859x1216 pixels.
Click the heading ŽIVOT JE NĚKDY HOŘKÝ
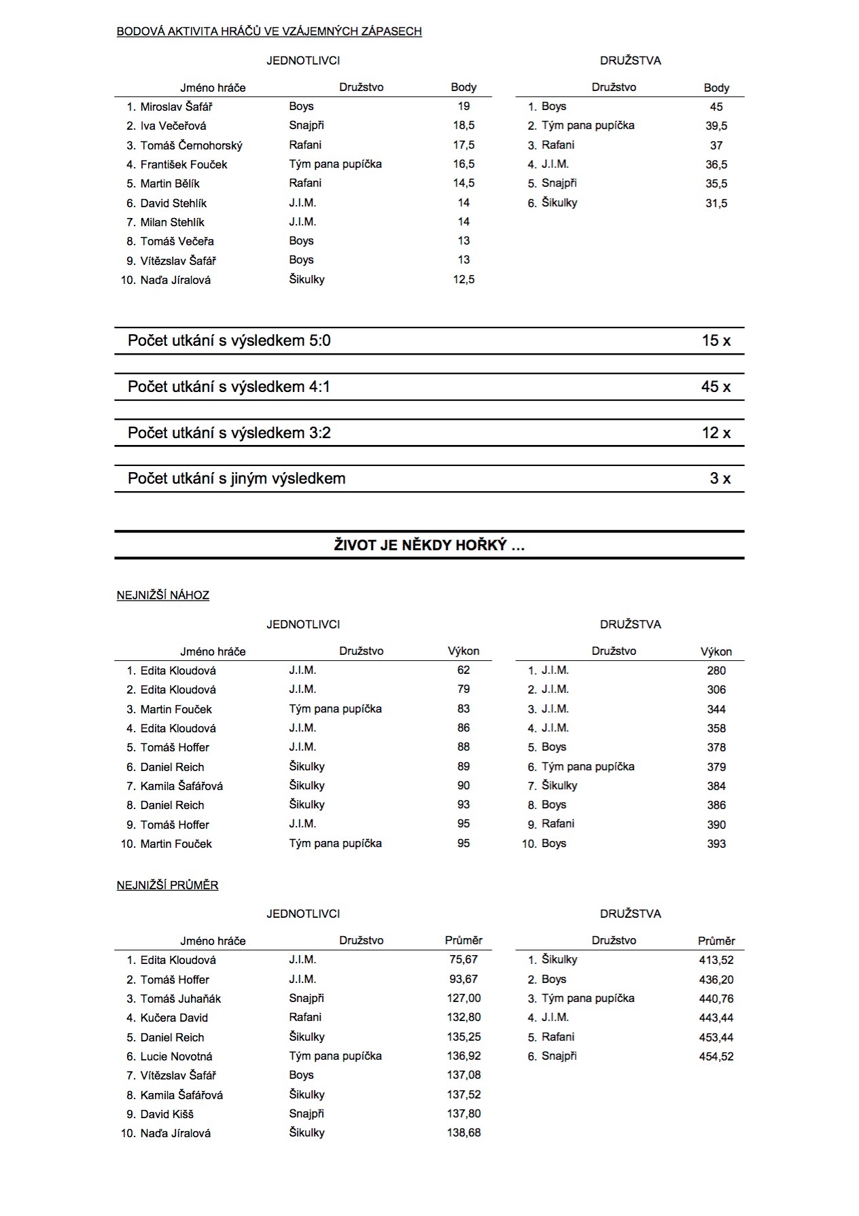pos(429,545)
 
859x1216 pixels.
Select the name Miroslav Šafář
pos(176,107)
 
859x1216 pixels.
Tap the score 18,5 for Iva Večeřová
pos(463,126)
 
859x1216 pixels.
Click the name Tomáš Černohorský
pos(191,145)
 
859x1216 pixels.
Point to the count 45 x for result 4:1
pos(716,387)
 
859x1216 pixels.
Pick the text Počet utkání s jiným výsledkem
pos(236,478)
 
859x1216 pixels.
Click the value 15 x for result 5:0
pos(716,340)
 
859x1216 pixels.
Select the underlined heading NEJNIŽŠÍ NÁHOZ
pos(163,595)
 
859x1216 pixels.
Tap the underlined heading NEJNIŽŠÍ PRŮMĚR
pos(168,885)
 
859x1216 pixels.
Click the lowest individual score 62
pos(463,670)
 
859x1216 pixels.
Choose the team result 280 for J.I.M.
pos(716,670)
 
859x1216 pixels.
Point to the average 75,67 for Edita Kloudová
pos(463,959)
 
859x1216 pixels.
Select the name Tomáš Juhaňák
pos(181,999)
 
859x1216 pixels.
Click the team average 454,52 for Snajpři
pos(716,1056)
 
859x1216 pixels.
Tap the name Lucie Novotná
pos(176,1056)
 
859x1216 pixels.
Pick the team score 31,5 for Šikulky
pos(716,203)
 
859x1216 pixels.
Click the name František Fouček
pos(183,164)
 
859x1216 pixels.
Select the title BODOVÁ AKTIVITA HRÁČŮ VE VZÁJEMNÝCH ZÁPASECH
pos(269,31)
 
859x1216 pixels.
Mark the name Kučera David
pos(174,1018)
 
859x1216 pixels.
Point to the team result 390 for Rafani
pos(716,825)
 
